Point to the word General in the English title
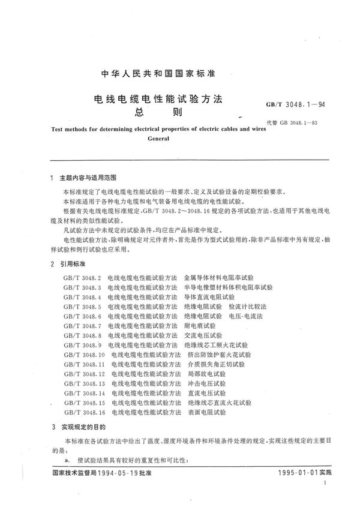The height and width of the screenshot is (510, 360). tap(158, 137)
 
